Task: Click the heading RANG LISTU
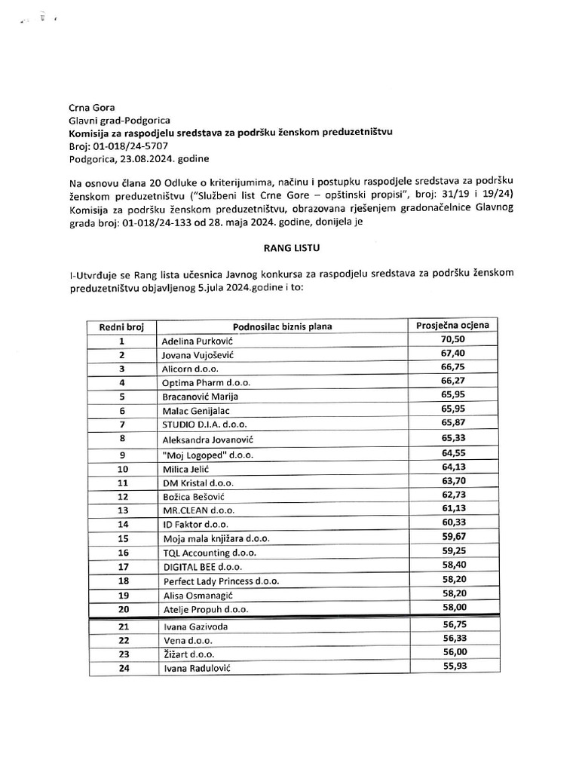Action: tap(289, 245)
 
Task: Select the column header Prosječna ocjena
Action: tap(452, 326)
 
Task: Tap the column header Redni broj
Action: tap(121, 326)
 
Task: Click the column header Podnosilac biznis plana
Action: tap(283, 326)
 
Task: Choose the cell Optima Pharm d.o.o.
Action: tap(206, 382)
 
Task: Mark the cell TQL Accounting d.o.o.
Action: tap(209, 553)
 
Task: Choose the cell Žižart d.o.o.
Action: tap(188, 654)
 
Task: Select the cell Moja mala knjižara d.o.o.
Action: tap(216, 538)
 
